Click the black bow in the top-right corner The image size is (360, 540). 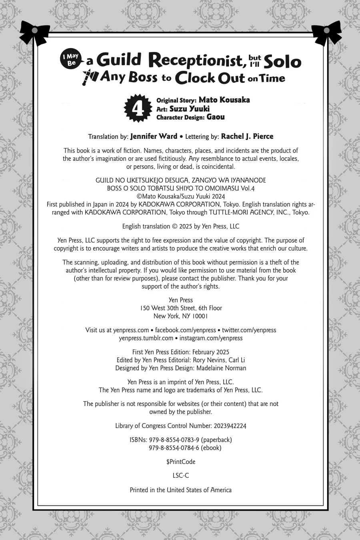tap(326, 32)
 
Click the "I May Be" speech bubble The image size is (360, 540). tap(72, 60)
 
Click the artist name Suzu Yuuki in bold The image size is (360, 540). tap(189, 108)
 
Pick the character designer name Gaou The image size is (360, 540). tap(216, 117)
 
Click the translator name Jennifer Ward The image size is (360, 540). tap(154, 136)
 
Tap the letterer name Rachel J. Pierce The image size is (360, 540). tap(247, 136)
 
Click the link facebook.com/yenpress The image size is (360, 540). tap(186, 330)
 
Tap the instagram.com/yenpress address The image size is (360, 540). tap(211, 338)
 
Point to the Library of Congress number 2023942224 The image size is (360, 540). tap(227, 426)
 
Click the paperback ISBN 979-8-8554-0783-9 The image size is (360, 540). tap(174, 440)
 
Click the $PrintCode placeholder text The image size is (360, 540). tap(181, 462)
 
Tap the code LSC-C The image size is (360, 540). tap(181, 476)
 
